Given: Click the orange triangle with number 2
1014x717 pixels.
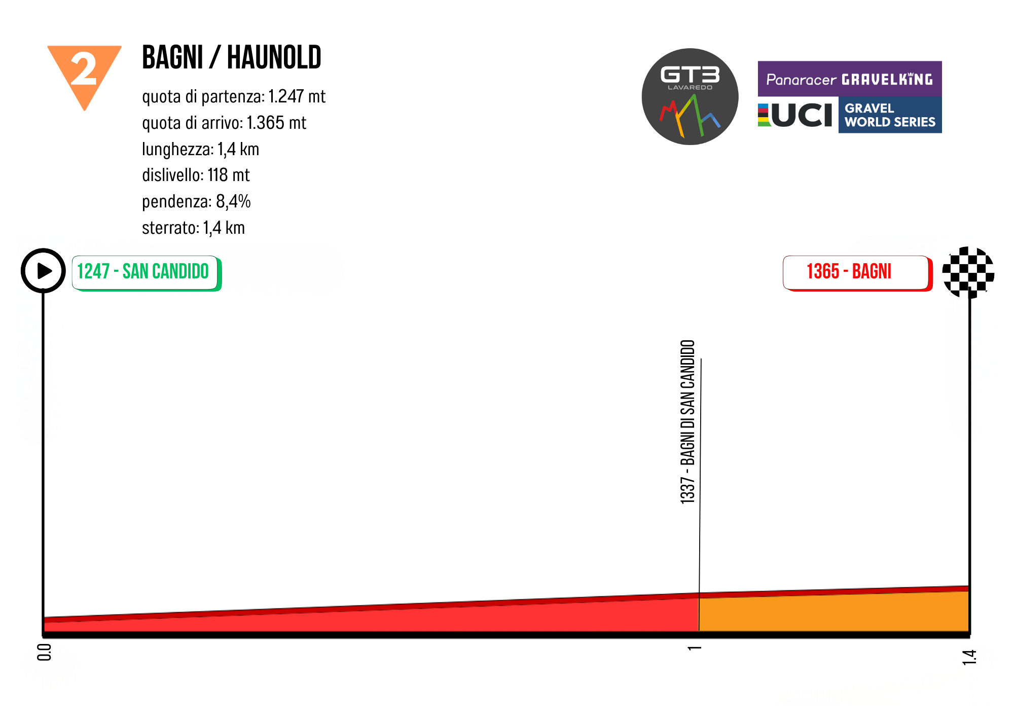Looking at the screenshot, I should [x=84, y=71].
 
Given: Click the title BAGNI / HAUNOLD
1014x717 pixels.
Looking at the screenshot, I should [x=231, y=57].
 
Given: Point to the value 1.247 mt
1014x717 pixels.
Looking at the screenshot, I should [x=297, y=96].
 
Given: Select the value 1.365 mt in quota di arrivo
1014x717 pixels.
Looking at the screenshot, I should [x=276, y=123].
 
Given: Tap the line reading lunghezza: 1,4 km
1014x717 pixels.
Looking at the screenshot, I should [x=200, y=149].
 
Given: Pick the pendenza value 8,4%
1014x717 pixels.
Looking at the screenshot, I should [x=233, y=201].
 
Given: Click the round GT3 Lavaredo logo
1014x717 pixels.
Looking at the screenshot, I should [x=690, y=96].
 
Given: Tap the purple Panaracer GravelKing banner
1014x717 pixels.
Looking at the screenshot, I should [x=850, y=79].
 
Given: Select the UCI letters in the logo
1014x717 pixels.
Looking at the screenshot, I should [x=801, y=115].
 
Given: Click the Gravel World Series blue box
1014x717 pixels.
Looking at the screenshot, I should [x=890, y=115].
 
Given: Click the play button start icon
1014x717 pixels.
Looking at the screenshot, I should [x=44, y=271].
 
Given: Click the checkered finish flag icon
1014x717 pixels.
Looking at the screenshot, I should [x=968, y=272].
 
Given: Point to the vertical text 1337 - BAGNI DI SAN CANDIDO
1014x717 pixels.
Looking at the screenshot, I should [x=687, y=421].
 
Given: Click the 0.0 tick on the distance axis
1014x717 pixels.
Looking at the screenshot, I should [x=45, y=653].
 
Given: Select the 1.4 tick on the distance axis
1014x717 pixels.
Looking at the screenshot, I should [x=969, y=657].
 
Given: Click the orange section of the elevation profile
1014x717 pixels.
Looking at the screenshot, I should [x=834, y=613].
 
